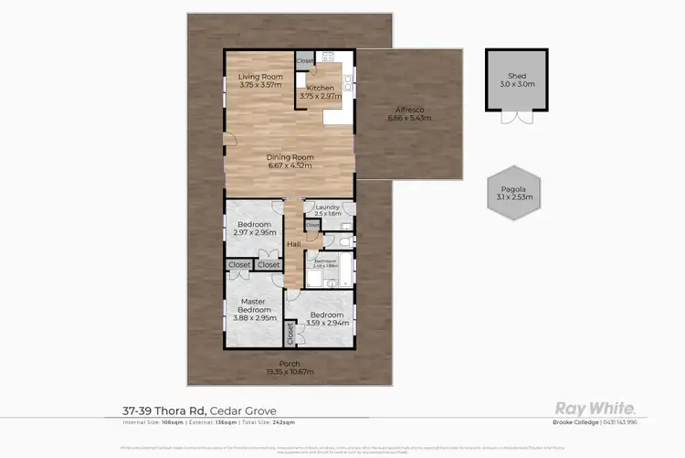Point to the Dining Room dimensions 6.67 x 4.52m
pyautogui.click(x=289, y=165)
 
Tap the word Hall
pyautogui.click(x=294, y=244)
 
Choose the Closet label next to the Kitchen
pyautogui.click(x=305, y=61)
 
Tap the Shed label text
pyautogui.click(x=518, y=77)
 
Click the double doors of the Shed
pyautogui.click(x=518, y=118)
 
